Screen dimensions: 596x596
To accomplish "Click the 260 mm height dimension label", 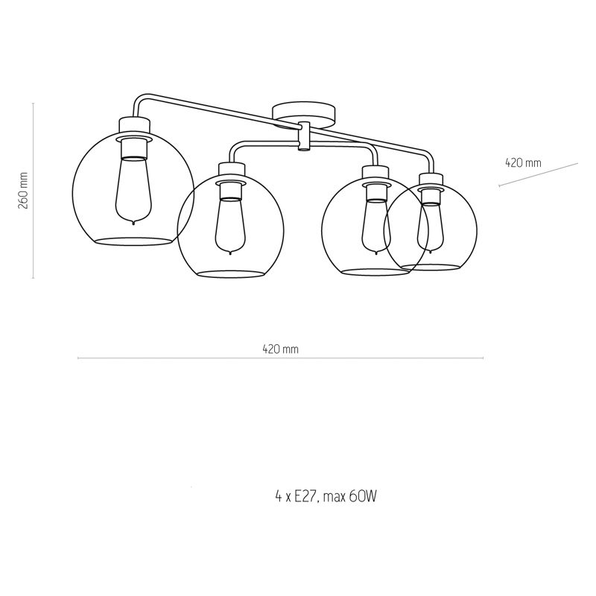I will click(x=23, y=191).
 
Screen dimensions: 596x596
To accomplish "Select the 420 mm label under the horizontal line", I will click(x=281, y=349).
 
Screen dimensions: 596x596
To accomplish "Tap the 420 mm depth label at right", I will click(x=523, y=162).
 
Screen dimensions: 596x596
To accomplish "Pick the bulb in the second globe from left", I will click(x=228, y=223).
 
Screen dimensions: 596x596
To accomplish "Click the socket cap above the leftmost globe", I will click(x=133, y=125).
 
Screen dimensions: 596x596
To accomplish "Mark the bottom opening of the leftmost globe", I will click(x=133, y=241).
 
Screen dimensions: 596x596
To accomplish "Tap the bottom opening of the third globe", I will click(x=375, y=272).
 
